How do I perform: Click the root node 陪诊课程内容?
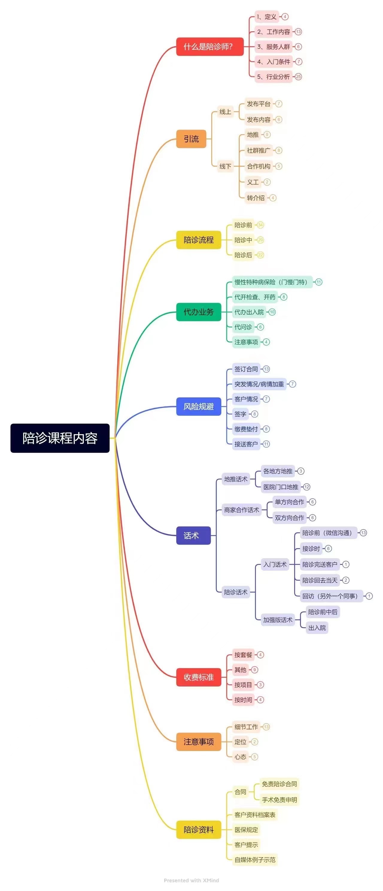(x=60, y=438)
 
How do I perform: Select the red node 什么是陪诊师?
(x=210, y=47)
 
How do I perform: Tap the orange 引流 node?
(x=191, y=139)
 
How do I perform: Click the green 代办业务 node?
(x=199, y=312)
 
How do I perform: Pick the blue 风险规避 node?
(x=199, y=406)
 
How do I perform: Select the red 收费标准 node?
(x=199, y=677)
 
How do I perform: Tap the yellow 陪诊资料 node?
(x=199, y=829)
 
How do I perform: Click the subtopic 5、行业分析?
(x=273, y=77)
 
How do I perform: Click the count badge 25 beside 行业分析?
(x=298, y=77)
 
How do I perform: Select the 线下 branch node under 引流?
(x=225, y=166)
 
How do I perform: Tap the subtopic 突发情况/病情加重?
(x=259, y=384)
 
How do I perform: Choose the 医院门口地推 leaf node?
(x=281, y=487)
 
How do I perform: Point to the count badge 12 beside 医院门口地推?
(x=306, y=487)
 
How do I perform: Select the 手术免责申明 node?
(x=279, y=800)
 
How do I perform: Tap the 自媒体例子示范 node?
(x=255, y=860)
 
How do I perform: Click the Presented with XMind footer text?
(x=191, y=880)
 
